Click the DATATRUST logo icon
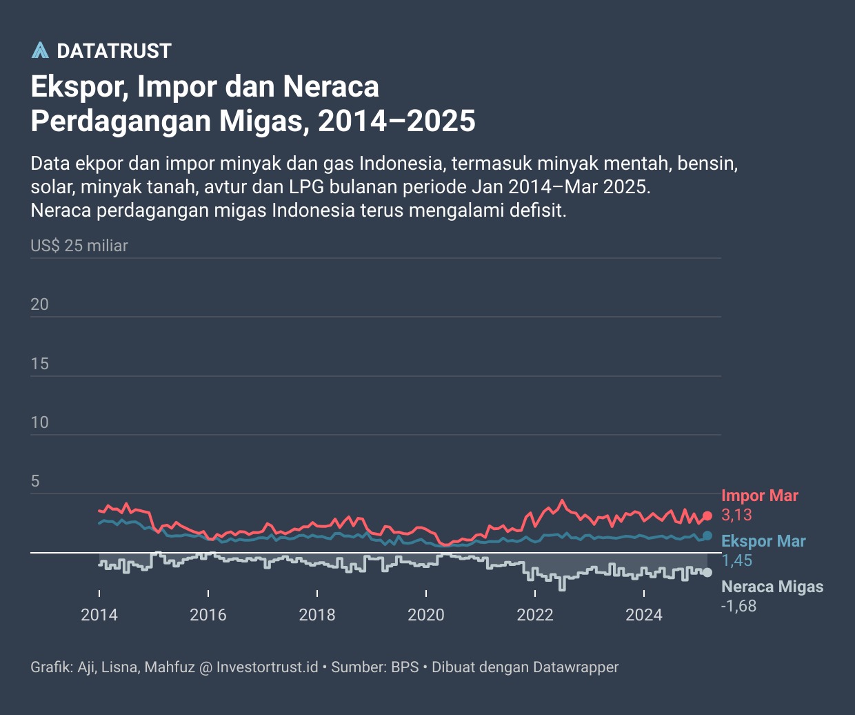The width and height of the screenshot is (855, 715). pos(40,50)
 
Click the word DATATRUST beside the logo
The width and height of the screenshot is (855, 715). pos(114,51)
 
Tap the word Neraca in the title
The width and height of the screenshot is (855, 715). pos(331,87)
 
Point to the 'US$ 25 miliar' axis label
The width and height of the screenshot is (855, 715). pos(79,246)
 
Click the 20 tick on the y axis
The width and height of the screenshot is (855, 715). pos(40,304)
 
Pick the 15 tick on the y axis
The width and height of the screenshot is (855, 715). pos(40,364)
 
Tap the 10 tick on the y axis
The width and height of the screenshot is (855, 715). pos(40,422)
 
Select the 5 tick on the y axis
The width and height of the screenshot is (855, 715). pos(35,482)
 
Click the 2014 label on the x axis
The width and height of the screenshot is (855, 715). pos(99,615)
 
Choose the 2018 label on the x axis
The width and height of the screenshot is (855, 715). pos(317,615)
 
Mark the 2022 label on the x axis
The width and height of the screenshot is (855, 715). pos(535,615)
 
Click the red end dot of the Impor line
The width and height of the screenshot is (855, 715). pos(707,516)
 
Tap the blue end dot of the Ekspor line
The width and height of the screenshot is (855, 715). pos(707,536)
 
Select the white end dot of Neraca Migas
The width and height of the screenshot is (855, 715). pos(707,573)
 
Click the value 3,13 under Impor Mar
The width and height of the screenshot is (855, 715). pos(736,515)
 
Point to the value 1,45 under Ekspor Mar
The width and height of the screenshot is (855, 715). pos(736,560)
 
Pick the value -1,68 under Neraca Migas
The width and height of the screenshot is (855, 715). pos(738,606)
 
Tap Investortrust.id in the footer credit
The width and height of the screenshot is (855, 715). pos(267,667)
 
